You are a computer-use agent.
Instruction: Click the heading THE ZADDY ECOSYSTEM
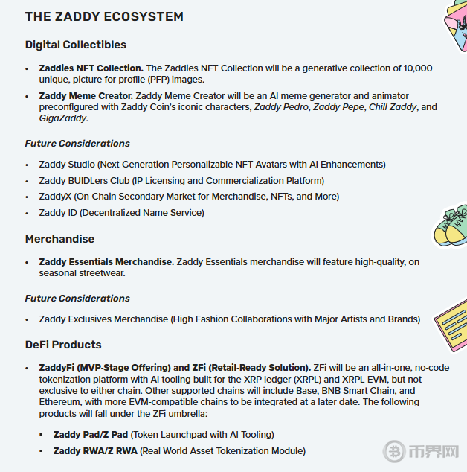pyautogui.click(x=104, y=16)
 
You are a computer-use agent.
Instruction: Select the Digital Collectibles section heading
pyautogui.click(x=76, y=45)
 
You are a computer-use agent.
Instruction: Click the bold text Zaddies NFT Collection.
pyautogui.click(x=91, y=68)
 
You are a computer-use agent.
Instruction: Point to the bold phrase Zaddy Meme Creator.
pyautogui.click(x=86, y=96)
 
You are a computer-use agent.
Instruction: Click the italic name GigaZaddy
pyautogui.click(x=63, y=118)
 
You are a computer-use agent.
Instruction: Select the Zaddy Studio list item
pyautogui.click(x=212, y=164)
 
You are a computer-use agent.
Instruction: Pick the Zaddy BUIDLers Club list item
pyautogui.click(x=181, y=180)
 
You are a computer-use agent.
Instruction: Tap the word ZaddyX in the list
pyautogui.click(x=54, y=197)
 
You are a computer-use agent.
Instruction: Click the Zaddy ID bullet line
pyautogui.click(x=121, y=213)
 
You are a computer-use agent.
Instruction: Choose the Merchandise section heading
pyautogui.click(x=59, y=239)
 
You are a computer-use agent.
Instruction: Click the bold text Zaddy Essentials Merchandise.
pyautogui.click(x=106, y=262)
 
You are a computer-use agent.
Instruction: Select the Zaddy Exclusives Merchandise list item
pyautogui.click(x=229, y=319)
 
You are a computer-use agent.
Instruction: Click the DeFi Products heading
pyautogui.click(x=63, y=345)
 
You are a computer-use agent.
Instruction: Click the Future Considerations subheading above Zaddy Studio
pyautogui.click(x=77, y=143)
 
